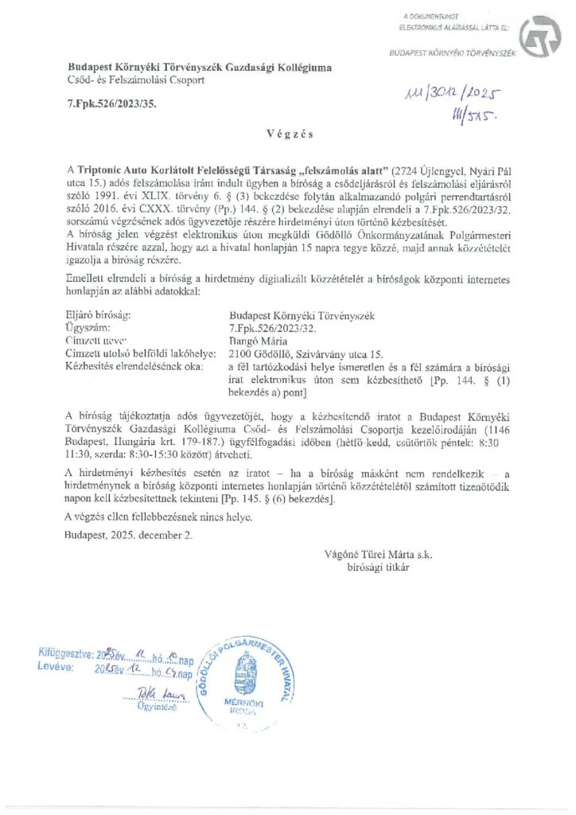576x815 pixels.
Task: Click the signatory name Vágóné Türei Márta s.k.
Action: [378, 554]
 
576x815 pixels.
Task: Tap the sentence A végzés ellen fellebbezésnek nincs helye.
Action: [159, 517]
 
